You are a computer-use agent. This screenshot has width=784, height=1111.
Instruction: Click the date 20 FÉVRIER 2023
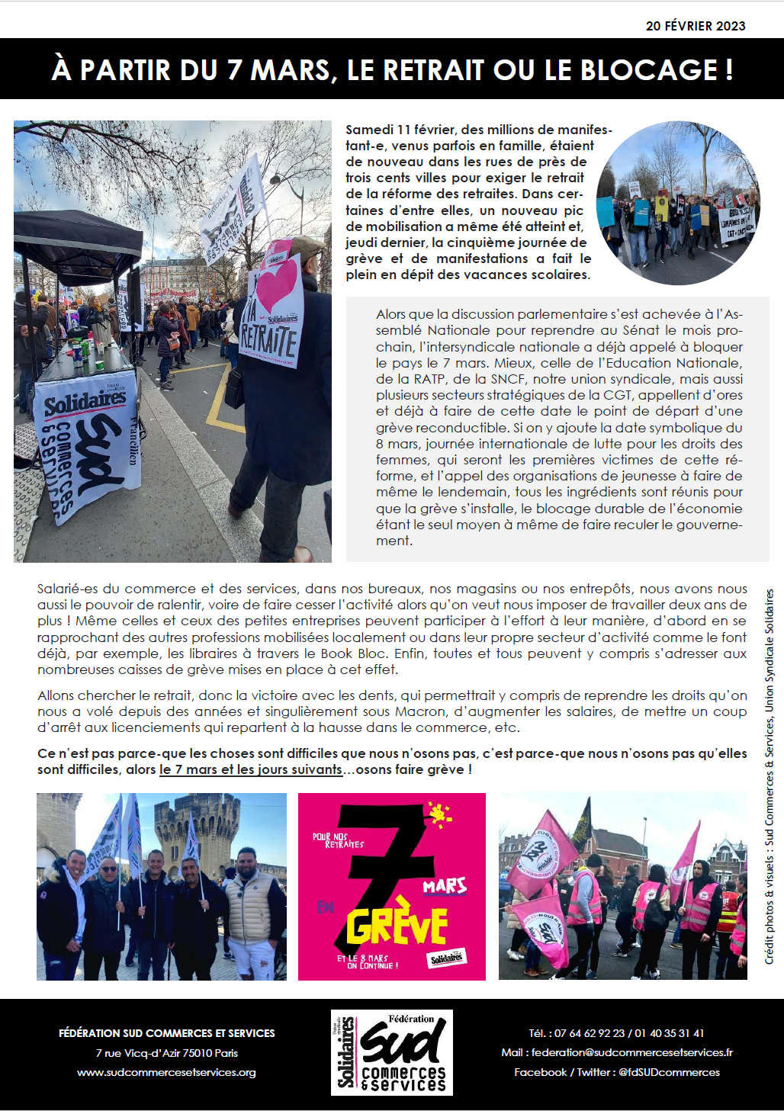pyautogui.click(x=695, y=26)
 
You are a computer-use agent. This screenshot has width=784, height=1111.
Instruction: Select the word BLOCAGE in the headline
pyautogui.click(x=649, y=70)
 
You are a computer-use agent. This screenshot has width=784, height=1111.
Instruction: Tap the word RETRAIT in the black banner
pyautogui.click(x=432, y=70)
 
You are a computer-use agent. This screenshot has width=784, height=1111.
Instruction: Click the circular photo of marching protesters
pyautogui.click(x=678, y=203)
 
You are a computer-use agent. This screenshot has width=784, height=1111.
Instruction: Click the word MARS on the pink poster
pyautogui.click(x=445, y=886)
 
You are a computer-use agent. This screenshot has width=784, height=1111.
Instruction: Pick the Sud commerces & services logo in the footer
pyautogui.click(x=392, y=1052)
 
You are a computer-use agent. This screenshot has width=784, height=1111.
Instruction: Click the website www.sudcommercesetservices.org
pyautogui.click(x=166, y=1072)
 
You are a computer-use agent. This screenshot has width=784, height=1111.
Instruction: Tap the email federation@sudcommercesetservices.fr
pyautogui.click(x=631, y=1052)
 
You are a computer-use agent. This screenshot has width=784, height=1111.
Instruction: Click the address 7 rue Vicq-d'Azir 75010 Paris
pyautogui.click(x=166, y=1053)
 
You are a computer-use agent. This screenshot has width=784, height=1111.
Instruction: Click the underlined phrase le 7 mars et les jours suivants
pyautogui.click(x=251, y=769)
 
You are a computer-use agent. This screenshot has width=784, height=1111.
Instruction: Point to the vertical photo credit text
pyautogui.click(x=770, y=776)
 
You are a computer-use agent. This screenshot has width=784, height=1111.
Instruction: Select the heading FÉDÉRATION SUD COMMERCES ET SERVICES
pyautogui.click(x=166, y=1033)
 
